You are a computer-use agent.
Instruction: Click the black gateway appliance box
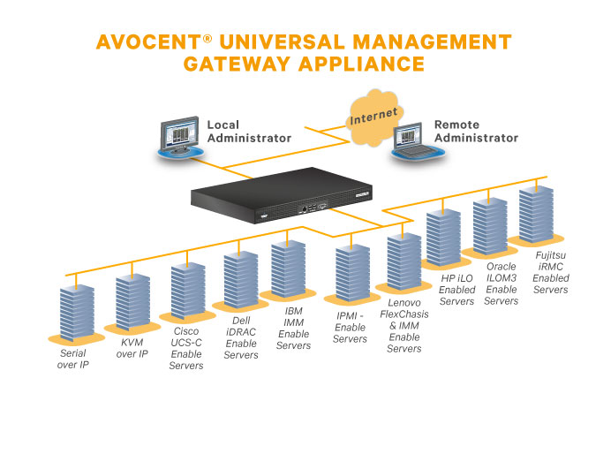click(275, 196)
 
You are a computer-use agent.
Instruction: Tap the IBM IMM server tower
click(288, 267)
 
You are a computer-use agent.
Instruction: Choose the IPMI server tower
click(352, 272)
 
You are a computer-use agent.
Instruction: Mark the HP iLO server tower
click(444, 237)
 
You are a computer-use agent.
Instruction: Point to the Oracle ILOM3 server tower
click(490, 227)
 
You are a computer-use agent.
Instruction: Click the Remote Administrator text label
click(476, 132)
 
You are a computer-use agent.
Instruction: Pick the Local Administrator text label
click(248, 132)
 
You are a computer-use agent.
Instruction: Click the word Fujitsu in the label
click(552, 257)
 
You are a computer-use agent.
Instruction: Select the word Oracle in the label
click(502, 267)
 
